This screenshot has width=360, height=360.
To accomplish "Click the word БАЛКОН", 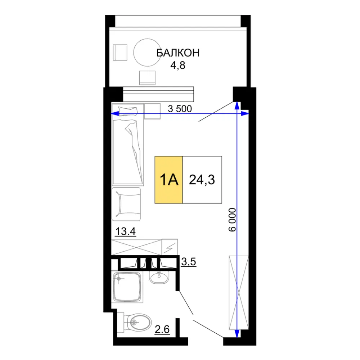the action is [178, 53].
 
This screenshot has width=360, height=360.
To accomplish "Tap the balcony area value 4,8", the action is [178, 66].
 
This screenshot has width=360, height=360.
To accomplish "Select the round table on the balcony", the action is [147, 52].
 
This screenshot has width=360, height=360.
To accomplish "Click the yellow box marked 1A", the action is [169, 180].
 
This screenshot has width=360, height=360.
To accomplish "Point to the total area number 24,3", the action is [202, 180].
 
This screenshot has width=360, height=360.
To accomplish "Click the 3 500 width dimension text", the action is [180, 109].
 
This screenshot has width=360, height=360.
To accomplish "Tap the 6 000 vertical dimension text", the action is [232, 220].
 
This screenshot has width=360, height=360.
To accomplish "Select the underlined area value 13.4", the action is [125, 231].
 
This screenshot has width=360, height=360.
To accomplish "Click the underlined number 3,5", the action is [189, 262].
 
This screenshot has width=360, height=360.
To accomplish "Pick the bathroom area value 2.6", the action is [162, 329].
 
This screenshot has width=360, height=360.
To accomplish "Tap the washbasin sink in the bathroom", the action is [159, 277].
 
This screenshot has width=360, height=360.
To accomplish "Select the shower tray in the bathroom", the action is [127, 287].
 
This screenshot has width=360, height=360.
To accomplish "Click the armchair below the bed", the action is [126, 204].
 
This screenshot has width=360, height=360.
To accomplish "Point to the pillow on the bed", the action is [128, 111].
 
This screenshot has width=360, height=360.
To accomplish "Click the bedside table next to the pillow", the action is [152, 111].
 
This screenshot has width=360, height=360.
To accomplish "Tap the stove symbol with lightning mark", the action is [170, 247].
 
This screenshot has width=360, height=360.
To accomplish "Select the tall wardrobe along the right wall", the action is [239, 293].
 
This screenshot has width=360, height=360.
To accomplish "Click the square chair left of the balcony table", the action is [120, 53].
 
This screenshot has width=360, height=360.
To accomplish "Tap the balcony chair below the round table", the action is [147, 78].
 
